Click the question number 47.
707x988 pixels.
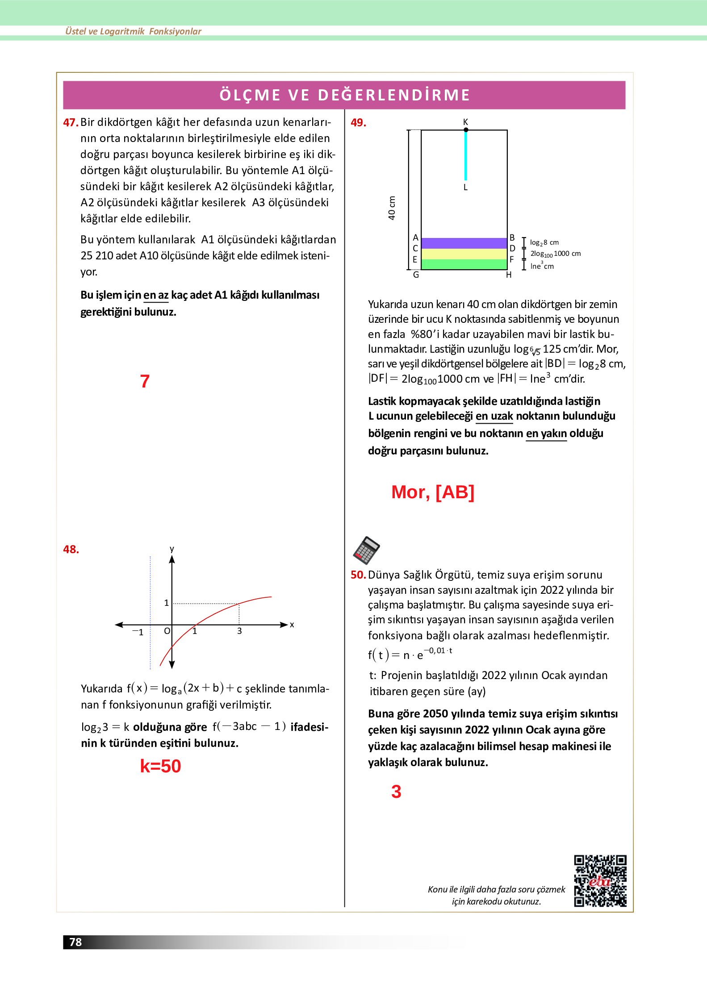pos(71,122)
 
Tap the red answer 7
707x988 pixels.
pos(145,381)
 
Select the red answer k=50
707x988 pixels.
pos(160,766)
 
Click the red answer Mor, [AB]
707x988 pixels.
pos(432,492)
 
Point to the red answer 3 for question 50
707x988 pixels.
pos(396,792)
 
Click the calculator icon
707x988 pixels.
pos(366,550)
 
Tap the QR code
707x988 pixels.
pos(600,881)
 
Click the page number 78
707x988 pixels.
pos(75,942)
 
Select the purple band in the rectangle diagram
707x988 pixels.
pos(464,243)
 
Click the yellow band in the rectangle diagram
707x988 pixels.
pos(464,254)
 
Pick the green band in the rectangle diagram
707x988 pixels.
pos(464,264)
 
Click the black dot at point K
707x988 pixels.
pos(466,130)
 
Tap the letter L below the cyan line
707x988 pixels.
pos(465,188)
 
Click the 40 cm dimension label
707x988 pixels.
pos(392,208)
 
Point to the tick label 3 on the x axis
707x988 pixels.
pos(239,631)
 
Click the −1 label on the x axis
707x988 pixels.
pos(138,632)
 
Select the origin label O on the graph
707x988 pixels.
pos(167,631)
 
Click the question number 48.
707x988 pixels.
pos(71,549)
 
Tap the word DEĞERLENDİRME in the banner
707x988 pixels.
pos(394,95)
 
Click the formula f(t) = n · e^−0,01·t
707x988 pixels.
pos(410,654)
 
